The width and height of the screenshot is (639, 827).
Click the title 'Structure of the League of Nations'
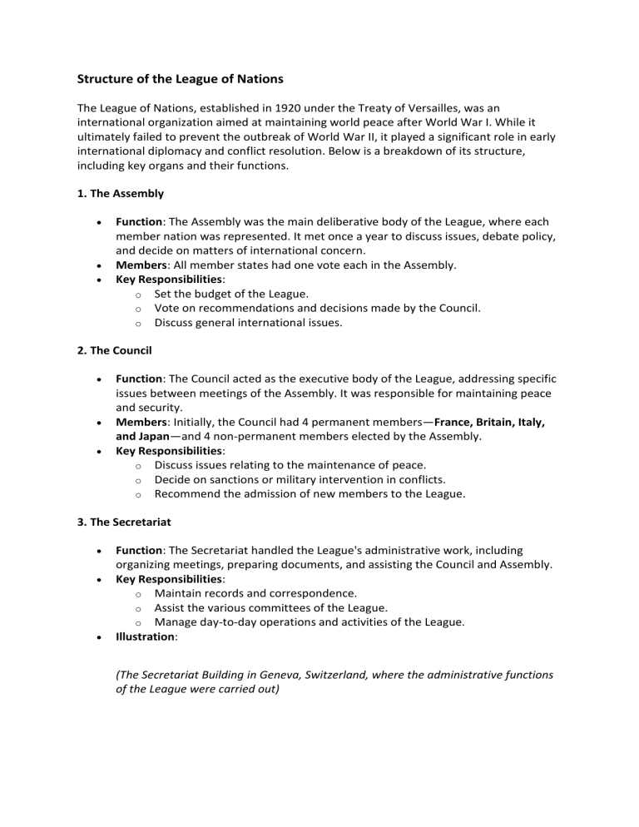point(180,80)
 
